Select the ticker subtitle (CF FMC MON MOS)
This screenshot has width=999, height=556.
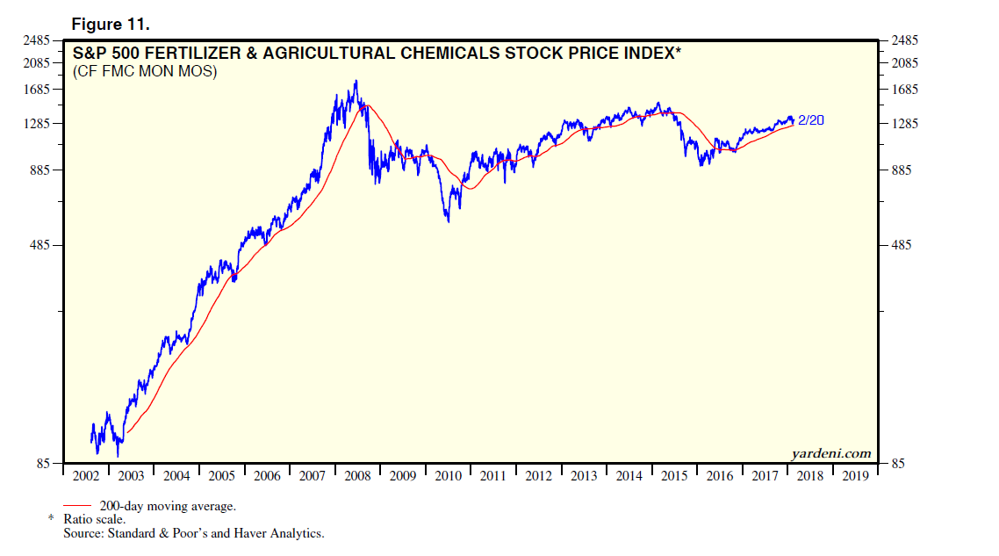(x=145, y=71)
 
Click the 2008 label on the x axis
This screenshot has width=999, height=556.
(x=357, y=475)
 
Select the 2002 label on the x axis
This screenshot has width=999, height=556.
(x=85, y=475)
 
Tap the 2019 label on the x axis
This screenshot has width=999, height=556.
(x=854, y=475)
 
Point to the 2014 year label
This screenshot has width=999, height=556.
(x=629, y=475)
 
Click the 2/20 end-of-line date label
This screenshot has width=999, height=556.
(x=811, y=120)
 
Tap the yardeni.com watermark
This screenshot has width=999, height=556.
(x=830, y=453)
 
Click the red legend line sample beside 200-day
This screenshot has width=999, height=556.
(x=78, y=506)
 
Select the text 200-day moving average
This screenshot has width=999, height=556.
(x=168, y=506)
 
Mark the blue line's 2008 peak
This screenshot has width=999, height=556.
(x=356, y=81)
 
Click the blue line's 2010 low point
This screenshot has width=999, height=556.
(x=449, y=221)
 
